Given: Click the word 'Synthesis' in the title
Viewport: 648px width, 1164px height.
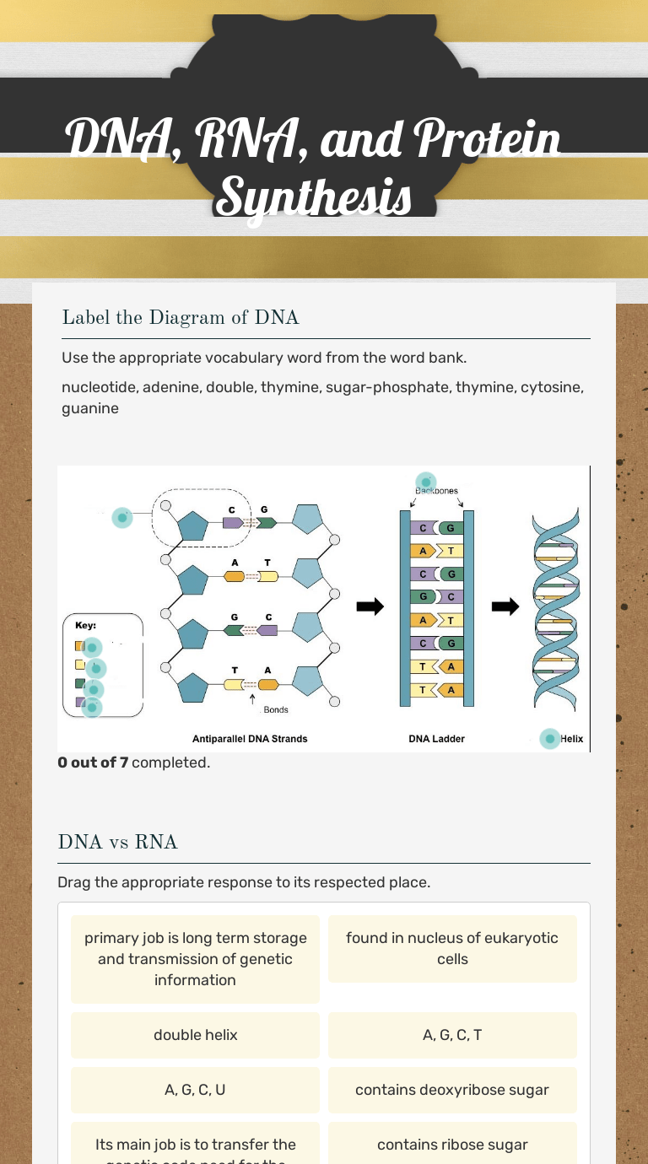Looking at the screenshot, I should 314,197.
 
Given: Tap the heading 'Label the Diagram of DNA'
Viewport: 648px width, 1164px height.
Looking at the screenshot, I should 180,318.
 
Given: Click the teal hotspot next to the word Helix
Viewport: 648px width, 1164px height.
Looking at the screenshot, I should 550,739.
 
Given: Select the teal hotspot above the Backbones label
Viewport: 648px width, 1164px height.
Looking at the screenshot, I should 426,482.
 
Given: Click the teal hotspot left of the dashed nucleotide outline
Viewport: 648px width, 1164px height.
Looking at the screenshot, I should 122,517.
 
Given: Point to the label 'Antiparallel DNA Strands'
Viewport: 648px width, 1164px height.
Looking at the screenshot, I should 250,739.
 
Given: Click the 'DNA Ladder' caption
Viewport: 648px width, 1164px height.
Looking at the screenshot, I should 436,739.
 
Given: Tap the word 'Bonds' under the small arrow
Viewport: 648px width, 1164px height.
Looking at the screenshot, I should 276,710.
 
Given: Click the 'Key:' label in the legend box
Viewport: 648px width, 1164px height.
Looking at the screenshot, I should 86,626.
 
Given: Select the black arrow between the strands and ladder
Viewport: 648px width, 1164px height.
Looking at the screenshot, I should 370,606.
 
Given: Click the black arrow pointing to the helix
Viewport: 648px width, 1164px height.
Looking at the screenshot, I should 505,606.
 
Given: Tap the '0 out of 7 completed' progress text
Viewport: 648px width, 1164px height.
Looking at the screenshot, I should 133,763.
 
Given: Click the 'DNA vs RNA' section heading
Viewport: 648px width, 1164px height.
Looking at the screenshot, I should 117,842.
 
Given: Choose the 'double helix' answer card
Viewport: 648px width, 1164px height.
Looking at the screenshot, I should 195,1035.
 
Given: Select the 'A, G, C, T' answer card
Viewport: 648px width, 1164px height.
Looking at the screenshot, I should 452,1035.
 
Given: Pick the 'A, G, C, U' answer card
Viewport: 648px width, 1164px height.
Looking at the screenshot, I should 195,1090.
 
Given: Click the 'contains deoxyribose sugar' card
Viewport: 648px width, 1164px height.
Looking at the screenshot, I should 452,1090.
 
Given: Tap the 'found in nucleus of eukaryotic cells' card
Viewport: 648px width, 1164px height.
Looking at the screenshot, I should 452,949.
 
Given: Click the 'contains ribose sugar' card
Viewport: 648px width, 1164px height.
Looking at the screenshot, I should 452,1145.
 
